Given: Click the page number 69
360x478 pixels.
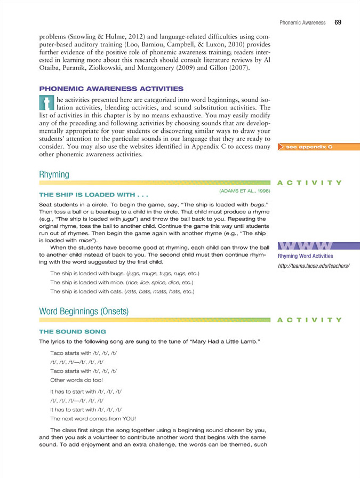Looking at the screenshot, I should point(338,23).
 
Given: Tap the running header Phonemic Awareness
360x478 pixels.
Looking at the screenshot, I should point(302,23).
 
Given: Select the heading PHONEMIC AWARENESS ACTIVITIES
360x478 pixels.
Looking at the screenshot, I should point(111,89).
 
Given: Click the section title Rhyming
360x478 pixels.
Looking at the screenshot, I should point(54,174).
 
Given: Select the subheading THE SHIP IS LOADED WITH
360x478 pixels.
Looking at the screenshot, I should point(94,194).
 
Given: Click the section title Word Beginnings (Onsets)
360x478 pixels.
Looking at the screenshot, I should point(84,311).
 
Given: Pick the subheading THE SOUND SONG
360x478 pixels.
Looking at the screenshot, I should point(73,331).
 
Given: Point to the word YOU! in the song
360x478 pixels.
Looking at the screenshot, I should point(127,419).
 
